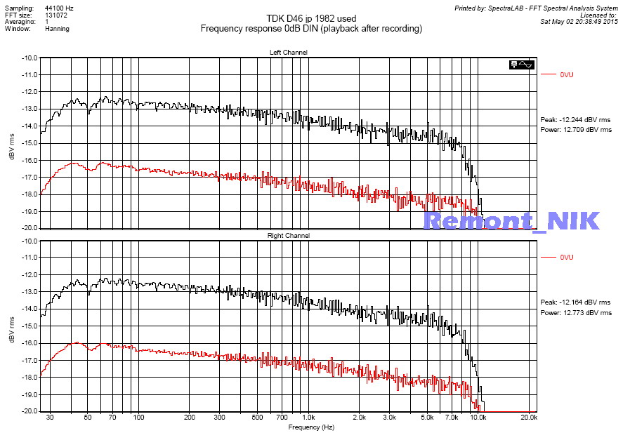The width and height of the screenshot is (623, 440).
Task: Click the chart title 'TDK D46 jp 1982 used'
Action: [311, 18]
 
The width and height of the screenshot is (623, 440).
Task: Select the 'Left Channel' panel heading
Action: [288, 53]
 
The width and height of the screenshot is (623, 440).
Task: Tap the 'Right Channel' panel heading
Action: [288, 236]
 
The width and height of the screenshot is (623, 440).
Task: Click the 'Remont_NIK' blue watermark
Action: [511, 221]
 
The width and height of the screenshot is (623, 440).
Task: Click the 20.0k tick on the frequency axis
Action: [529, 417]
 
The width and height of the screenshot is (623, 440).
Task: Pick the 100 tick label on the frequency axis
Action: [138, 417]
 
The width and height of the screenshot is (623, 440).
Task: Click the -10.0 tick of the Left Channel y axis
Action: [31, 58]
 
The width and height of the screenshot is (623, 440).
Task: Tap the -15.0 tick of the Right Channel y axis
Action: [31, 326]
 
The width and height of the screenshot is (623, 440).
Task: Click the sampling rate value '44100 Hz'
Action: [59, 6]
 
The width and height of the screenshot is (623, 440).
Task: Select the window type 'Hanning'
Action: [57, 29]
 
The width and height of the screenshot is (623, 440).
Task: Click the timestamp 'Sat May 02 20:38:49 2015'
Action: [577, 21]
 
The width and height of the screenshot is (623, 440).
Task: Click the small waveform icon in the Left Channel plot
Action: [523, 65]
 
